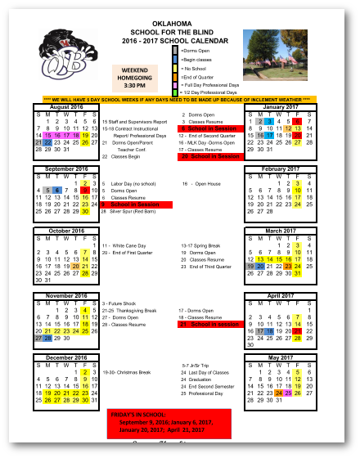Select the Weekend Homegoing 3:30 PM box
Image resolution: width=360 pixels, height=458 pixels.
[136, 79]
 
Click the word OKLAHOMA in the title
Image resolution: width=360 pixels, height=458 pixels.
[180, 24]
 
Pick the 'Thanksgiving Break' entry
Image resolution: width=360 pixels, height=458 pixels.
[135, 311]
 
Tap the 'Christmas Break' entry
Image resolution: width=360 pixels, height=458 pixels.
[132, 372]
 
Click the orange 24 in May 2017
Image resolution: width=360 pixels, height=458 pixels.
[280, 393]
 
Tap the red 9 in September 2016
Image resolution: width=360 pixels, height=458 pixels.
[84, 190]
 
